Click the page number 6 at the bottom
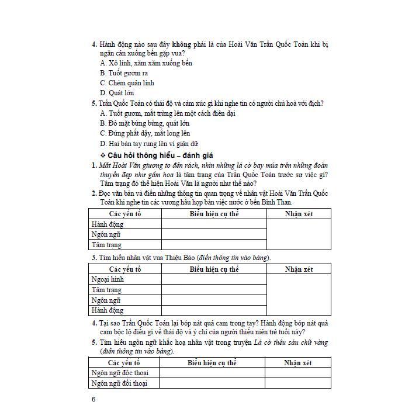click(94, 400)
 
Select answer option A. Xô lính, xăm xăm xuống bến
click(146, 63)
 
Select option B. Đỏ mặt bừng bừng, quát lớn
click(145, 123)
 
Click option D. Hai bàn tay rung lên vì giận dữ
click(149, 144)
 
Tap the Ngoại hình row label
click(108, 279)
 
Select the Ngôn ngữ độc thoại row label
click(119, 373)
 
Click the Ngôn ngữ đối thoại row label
click(119, 383)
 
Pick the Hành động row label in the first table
click(107, 224)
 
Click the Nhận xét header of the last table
click(297, 363)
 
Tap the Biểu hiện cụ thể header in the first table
click(214, 214)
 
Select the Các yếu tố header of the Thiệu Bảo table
click(124, 269)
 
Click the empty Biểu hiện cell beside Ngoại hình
click(214, 279)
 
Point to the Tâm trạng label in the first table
click(106, 245)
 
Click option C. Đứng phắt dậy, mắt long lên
click(145, 133)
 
